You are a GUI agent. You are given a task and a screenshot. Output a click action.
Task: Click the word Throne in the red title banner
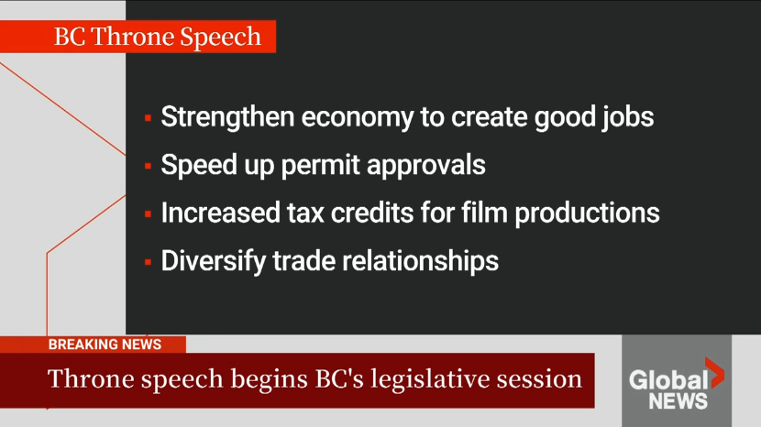(x=133, y=37)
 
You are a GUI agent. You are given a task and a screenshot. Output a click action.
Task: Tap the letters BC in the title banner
(x=70, y=37)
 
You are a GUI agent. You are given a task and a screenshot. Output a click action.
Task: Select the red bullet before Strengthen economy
(x=148, y=117)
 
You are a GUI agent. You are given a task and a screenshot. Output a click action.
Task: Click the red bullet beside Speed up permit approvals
(x=148, y=166)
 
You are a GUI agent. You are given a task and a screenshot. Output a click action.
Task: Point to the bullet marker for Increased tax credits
(x=148, y=213)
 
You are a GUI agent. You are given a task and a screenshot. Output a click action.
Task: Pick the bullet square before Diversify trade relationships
(x=148, y=262)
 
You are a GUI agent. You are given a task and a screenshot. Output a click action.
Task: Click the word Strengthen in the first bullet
(x=227, y=117)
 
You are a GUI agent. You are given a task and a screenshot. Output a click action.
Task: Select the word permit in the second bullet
(x=320, y=166)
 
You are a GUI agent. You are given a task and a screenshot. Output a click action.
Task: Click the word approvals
(x=426, y=166)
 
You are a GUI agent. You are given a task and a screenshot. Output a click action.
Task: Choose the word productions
(x=587, y=213)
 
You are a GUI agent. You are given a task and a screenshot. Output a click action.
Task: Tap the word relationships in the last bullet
(x=420, y=261)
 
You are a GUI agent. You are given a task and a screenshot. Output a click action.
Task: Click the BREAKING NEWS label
(x=105, y=345)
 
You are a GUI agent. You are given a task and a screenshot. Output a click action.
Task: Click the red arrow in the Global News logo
(x=714, y=373)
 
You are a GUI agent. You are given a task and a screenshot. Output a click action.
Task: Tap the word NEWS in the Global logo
(x=678, y=401)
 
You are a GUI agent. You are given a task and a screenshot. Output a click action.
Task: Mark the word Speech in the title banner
(x=220, y=37)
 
